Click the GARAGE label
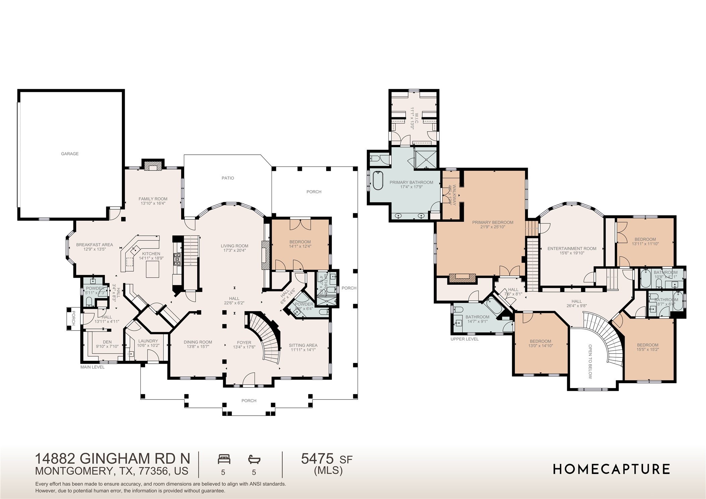click(70, 154)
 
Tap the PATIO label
click(228, 178)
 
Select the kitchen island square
click(153, 269)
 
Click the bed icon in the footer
click(224, 458)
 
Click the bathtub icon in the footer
click(254, 458)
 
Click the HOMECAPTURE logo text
click(611, 469)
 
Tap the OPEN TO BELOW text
click(590, 362)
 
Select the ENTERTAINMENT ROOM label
click(572, 248)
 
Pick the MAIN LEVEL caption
click(92, 367)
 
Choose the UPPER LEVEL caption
click(465, 339)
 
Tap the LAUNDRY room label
click(148, 341)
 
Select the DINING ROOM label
click(198, 342)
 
